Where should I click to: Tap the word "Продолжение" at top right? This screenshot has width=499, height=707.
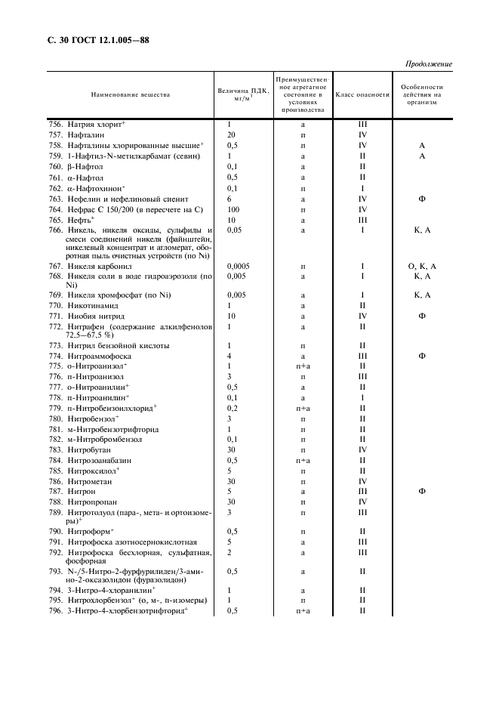click(429, 64)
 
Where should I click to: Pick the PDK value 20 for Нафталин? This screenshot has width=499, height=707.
click(232, 134)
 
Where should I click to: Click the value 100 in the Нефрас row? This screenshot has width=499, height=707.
click(233, 208)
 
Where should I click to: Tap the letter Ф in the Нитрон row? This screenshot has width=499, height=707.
click(422, 491)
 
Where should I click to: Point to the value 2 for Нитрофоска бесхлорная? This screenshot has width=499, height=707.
click(229, 552)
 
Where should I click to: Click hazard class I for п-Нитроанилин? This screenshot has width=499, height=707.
click(362, 397)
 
